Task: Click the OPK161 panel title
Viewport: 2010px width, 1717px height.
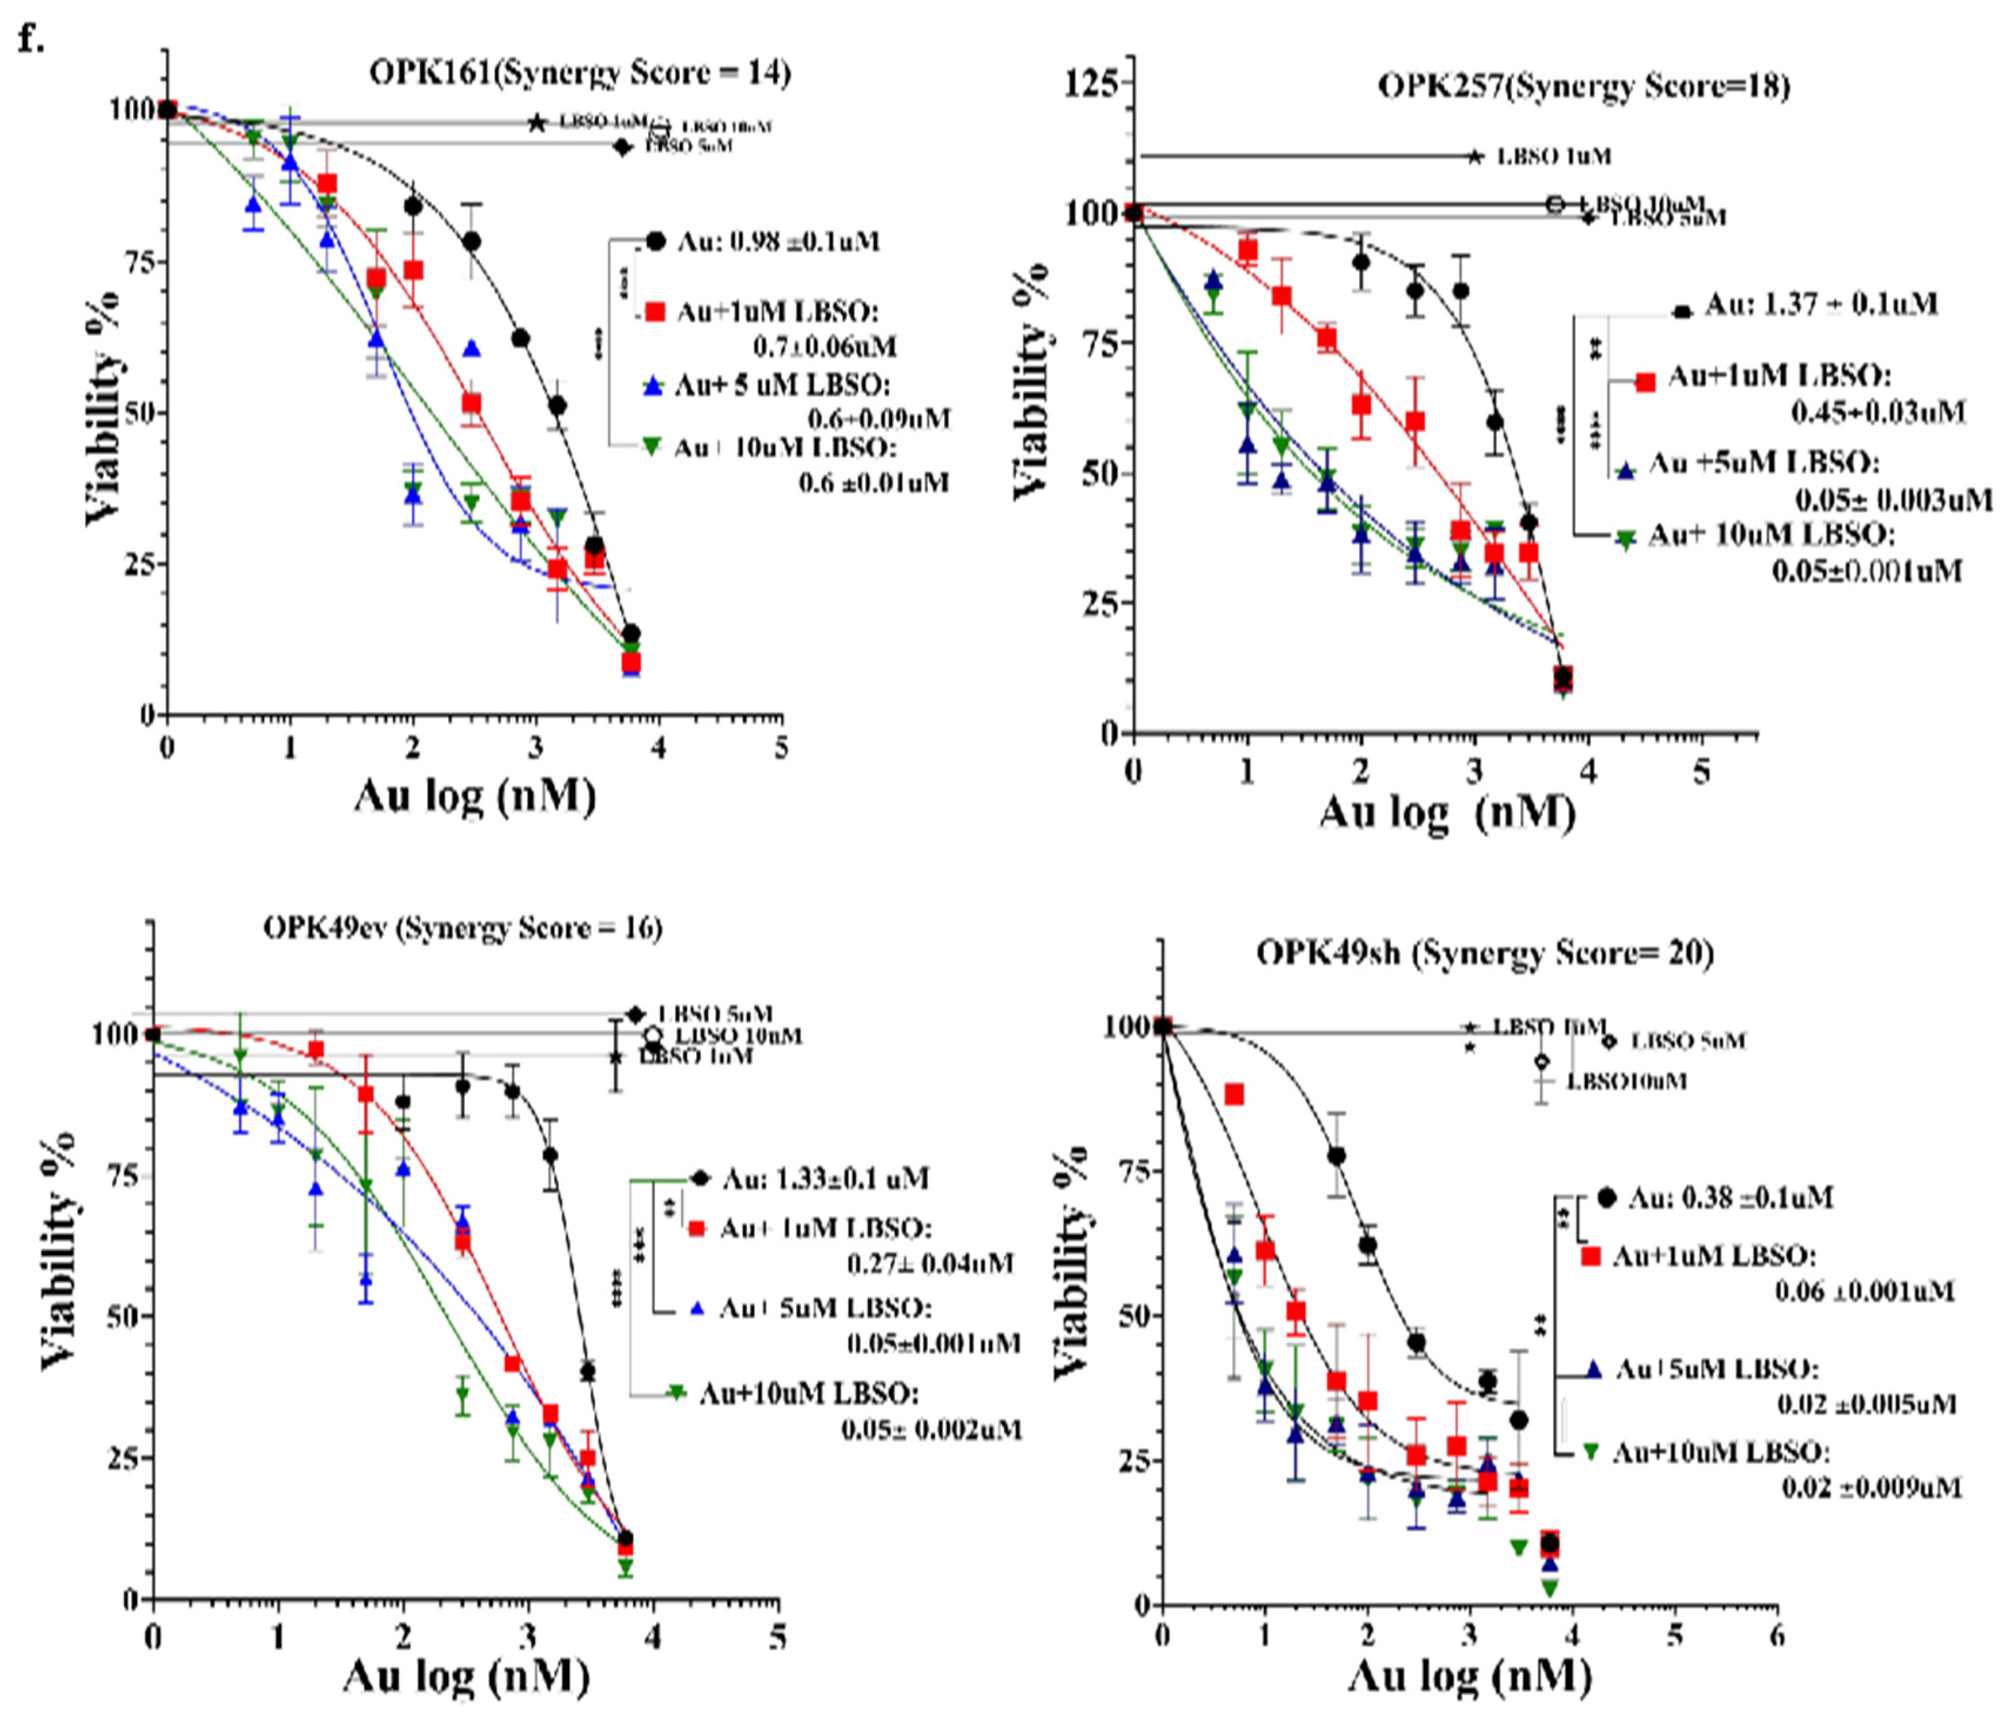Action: [580, 73]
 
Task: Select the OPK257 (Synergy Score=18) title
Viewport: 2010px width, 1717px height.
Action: [1583, 86]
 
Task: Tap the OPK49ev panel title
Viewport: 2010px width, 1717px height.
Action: [463, 928]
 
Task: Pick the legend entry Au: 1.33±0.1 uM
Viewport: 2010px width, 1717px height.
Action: [824, 1179]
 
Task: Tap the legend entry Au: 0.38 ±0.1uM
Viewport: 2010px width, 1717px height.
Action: [1730, 1198]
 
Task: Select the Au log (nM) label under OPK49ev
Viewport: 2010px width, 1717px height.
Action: [466, 1676]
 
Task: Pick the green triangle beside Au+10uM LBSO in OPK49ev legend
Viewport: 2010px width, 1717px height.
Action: [676, 1393]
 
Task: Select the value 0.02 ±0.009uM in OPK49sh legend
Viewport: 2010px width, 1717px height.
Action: [1870, 1487]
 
